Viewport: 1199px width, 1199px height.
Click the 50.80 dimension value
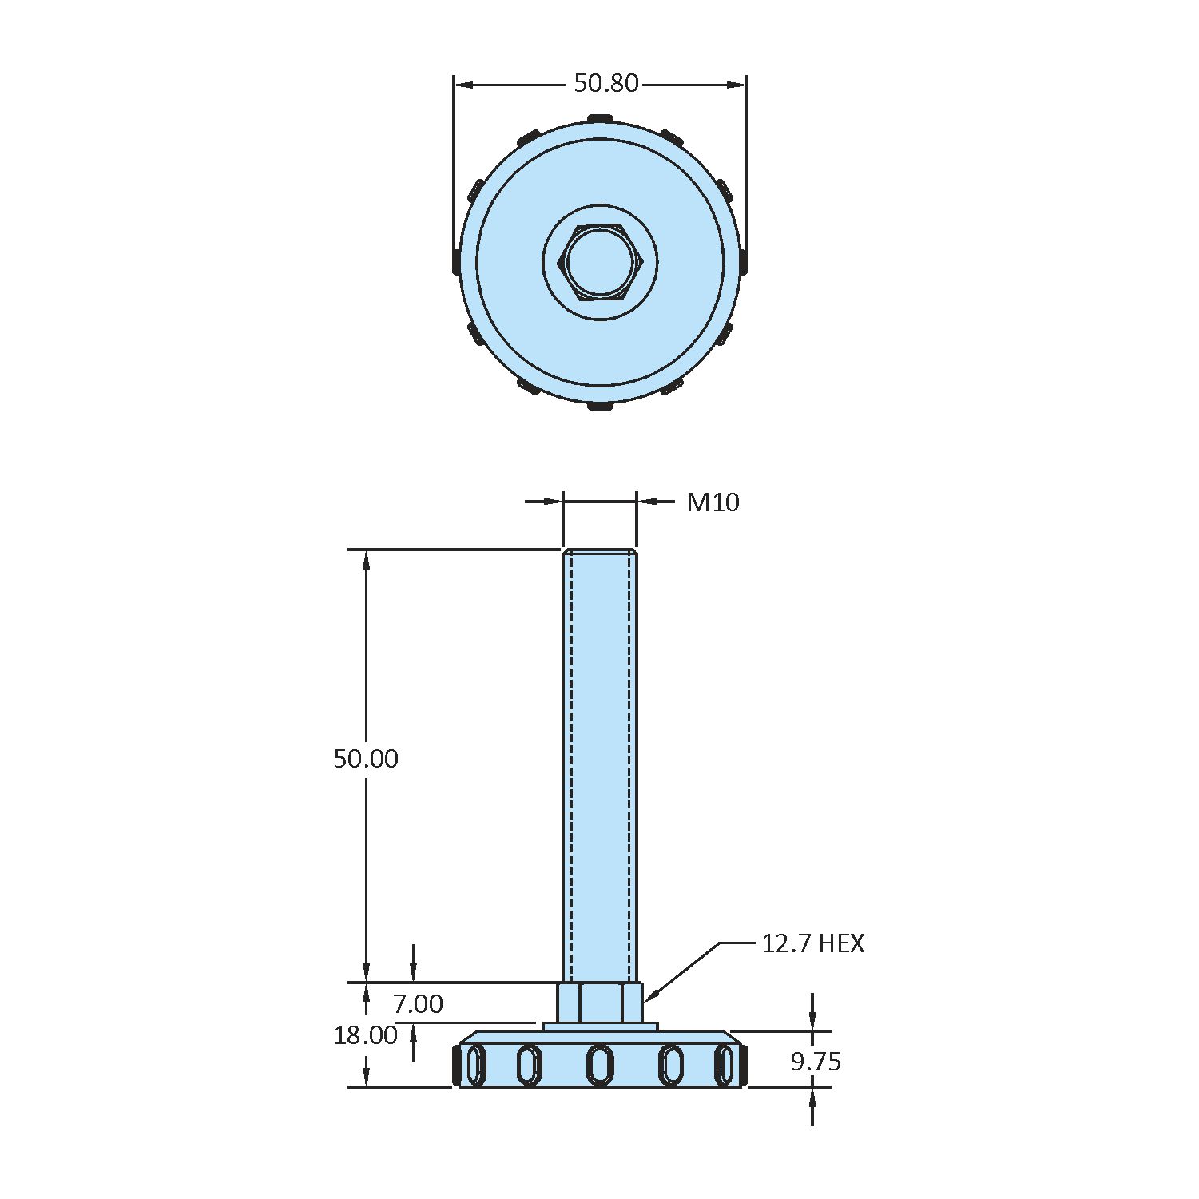point(606,83)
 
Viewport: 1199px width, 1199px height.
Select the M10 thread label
point(713,502)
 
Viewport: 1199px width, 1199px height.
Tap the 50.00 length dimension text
point(366,759)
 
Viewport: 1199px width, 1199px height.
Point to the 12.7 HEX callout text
point(812,943)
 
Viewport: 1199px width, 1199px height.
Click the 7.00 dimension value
point(418,1003)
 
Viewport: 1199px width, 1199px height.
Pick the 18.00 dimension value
point(366,1035)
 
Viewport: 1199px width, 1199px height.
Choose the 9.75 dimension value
point(816,1062)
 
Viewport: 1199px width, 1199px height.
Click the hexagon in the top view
point(601,263)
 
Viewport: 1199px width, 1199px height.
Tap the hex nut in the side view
point(600,1002)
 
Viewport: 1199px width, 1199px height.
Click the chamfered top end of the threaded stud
point(600,552)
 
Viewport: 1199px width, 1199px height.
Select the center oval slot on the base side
point(600,1065)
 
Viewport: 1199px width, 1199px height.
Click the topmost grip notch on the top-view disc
point(600,119)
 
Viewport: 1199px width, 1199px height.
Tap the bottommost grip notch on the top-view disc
point(600,407)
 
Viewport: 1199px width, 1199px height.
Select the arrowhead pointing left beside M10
point(646,502)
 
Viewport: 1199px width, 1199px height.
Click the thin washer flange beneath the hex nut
point(600,1026)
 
